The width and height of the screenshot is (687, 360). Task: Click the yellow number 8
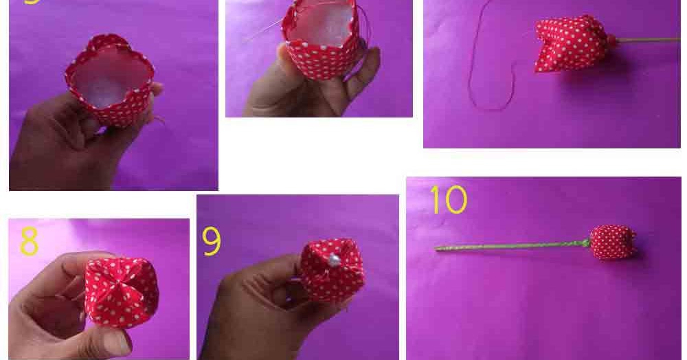pyautogui.click(x=29, y=242)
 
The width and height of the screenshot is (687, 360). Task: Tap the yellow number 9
pyautogui.click(x=212, y=242)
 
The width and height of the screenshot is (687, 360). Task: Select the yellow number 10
pyautogui.click(x=448, y=200)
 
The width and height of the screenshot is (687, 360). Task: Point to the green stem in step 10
pyautogui.click(x=508, y=245)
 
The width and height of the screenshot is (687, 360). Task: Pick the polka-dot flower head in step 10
pyautogui.click(x=612, y=242)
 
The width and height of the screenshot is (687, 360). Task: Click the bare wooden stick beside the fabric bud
pyautogui.click(x=646, y=40)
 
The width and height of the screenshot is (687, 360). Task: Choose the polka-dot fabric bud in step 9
pyautogui.click(x=333, y=269)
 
